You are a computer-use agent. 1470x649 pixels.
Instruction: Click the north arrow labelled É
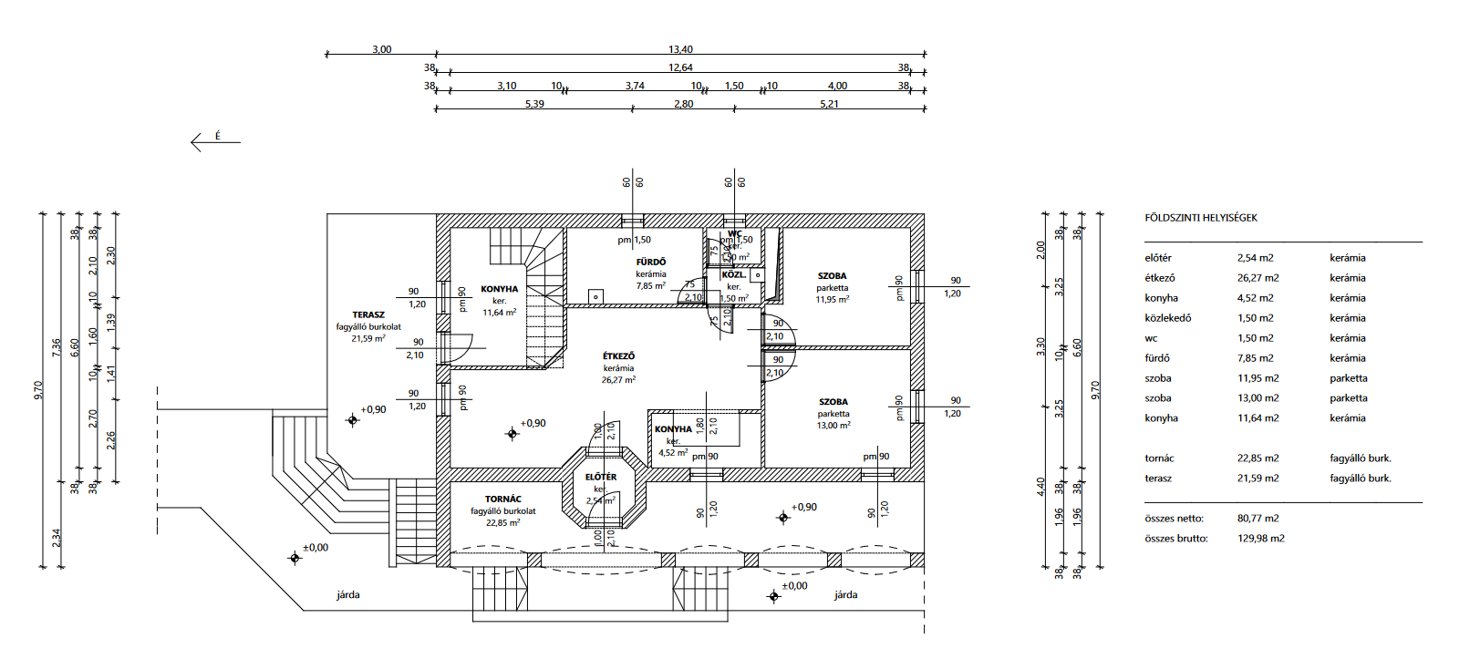[x=215, y=140]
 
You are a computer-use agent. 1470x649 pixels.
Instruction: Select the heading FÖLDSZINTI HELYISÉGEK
[x=1200, y=218]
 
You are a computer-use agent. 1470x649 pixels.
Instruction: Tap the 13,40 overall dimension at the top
[x=680, y=49]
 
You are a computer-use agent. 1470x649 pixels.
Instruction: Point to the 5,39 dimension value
[x=534, y=104]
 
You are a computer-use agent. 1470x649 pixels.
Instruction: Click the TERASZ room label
[x=368, y=314]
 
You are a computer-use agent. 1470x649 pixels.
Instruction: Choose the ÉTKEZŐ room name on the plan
[x=618, y=356]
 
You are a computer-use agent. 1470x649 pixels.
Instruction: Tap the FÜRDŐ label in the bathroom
[x=651, y=262]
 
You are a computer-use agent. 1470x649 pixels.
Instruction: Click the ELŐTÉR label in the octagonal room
[x=601, y=477]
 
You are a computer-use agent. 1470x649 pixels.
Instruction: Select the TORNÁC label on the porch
[x=503, y=499]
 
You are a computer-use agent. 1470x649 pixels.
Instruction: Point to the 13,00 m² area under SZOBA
[x=833, y=426]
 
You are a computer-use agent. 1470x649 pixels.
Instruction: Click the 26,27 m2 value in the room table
[x=1258, y=278]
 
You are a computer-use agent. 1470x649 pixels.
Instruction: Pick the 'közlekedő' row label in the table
[x=1167, y=318]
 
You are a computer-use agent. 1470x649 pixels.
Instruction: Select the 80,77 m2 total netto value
[x=1258, y=519]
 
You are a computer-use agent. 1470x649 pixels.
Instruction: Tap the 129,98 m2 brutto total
[x=1260, y=539]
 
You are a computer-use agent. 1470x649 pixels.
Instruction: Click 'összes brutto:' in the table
[x=1175, y=539]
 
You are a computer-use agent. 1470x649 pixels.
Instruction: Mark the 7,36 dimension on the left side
[x=57, y=346]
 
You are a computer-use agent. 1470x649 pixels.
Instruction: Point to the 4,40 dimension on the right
[x=1040, y=486]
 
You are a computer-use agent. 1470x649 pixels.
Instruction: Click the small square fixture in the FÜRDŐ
[x=595, y=296]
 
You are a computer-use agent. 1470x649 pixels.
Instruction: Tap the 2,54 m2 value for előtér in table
[x=1255, y=258]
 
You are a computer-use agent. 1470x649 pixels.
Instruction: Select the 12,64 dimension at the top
[x=680, y=67]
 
